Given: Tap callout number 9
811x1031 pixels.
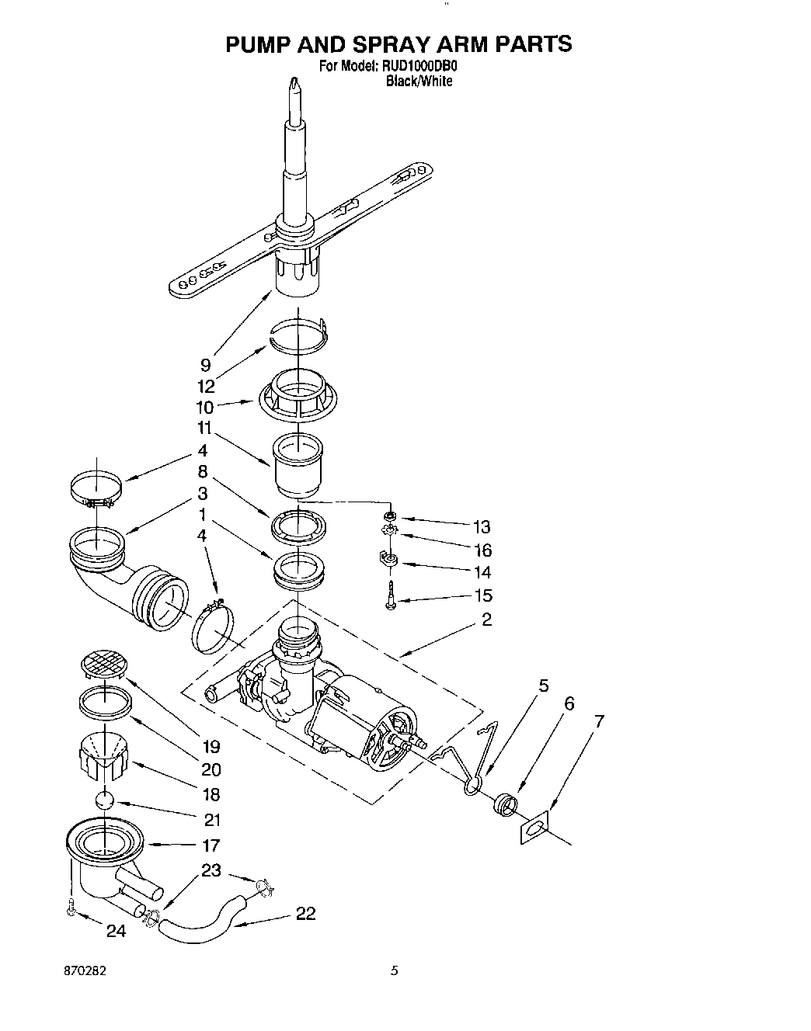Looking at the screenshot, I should coord(205,366).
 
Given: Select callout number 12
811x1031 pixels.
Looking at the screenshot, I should coord(206,387).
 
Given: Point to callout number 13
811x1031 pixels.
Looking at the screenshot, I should coord(482,527).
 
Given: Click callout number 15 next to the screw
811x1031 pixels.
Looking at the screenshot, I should coord(482,596).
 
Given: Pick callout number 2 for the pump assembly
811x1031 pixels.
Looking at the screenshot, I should coord(486,620).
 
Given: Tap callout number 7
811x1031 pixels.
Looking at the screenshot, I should coord(598,721).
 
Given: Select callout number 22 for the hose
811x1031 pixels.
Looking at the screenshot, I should coord(305,914).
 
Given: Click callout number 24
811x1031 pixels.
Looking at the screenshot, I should coord(116,931).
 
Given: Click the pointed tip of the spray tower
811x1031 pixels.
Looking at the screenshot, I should coord(294,82).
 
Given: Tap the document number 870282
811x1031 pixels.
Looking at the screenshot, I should coord(85,971).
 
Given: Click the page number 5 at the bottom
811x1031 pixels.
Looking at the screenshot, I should coord(395,971).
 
